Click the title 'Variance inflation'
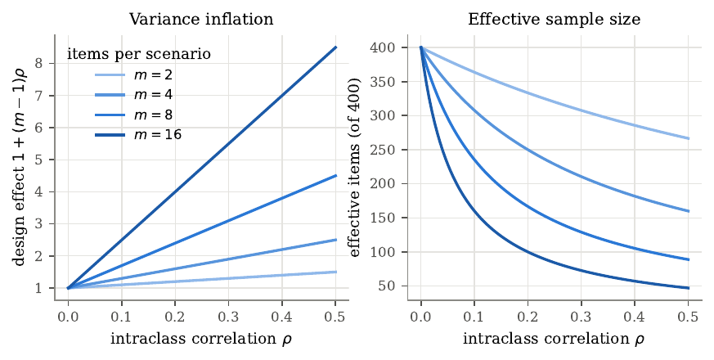click(x=201, y=19)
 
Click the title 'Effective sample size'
click(x=555, y=19)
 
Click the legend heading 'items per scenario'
click(x=139, y=54)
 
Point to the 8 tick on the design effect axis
click(x=38, y=63)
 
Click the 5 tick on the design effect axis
click(x=38, y=160)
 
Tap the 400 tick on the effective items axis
click(x=382, y=47)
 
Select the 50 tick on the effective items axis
click(x=387, y=286)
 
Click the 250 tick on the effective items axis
click(x=382, y=150)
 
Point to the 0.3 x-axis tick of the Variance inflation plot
click(x=228, y=317)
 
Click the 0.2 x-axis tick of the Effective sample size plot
click(x=528, y=317)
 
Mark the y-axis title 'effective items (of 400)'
click(x=355, y=167)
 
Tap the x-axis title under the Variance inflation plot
click(x=201, y=339)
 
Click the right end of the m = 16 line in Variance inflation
click(x=336, y=47)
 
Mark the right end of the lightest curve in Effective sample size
click(x=689, y=138)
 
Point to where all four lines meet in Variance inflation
click(x=69, y=288)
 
